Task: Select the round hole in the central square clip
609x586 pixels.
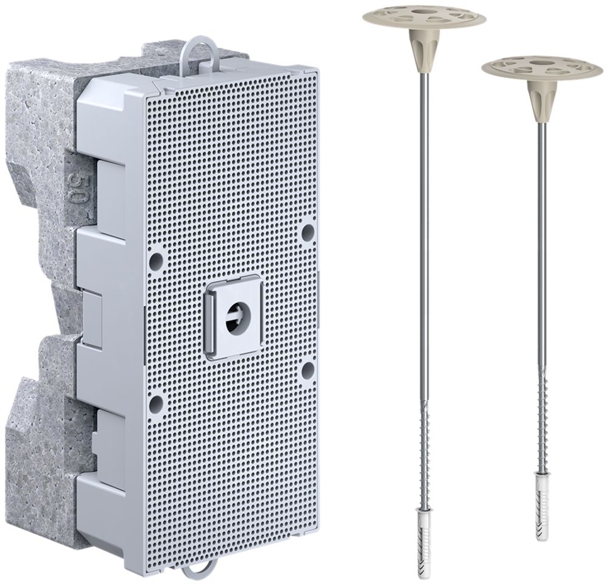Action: (236, 316)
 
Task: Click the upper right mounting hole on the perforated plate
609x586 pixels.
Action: (308, 232)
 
